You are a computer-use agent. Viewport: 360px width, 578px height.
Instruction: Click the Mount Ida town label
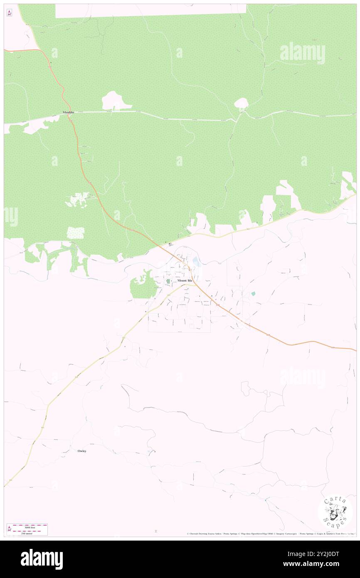[x=185, y=281]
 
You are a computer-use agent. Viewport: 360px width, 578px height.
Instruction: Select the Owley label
[x=82, y=451]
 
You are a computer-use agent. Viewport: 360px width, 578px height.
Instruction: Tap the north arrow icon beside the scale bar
[x=9, y=529]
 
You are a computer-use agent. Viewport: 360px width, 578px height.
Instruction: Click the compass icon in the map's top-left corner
[x=9, y=13]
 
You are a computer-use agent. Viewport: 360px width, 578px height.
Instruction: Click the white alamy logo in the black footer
[x=42, y=559]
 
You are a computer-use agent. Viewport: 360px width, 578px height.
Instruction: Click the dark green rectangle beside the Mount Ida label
[x=168, y=282]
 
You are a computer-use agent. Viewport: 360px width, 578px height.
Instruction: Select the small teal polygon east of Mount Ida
[x=253, y=294]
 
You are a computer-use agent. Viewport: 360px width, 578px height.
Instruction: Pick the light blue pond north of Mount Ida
[x=195, y=262]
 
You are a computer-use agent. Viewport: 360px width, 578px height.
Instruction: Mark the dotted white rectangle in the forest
[x=76, y=233]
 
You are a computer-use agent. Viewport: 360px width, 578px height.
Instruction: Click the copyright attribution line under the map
[x=270, y=534]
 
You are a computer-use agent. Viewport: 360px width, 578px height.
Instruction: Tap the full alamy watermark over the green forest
[x=302, y=53]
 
